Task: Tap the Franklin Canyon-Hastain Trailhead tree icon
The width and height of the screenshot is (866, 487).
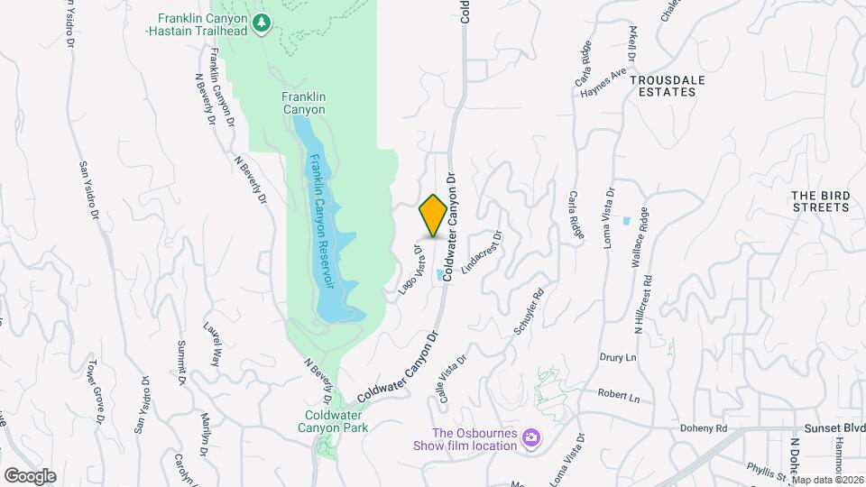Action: (262, 22)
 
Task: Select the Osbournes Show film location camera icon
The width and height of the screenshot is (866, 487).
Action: (531, 437)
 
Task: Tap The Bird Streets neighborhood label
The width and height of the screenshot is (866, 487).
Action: (820, 201)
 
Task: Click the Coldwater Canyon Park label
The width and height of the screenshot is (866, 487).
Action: (335, 422)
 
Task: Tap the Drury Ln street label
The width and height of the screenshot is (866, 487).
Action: (618, 357)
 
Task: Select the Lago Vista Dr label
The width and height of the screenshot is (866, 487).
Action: (410, 270)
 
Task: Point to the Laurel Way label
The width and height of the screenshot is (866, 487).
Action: (213, 344)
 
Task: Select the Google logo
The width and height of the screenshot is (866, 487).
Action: (30, 476)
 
